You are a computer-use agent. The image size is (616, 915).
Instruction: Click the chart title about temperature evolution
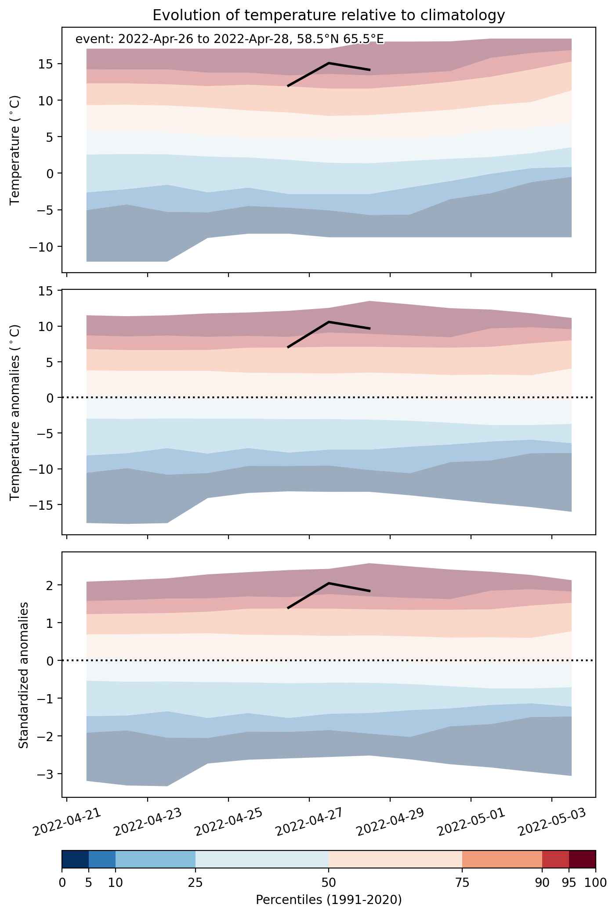tap(329, 15)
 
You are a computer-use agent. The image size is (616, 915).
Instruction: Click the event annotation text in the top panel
tap(230, 39)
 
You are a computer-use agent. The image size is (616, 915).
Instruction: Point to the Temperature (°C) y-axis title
tap(15, 150)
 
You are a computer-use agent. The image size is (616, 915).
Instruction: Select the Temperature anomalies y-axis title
tap(15, 412)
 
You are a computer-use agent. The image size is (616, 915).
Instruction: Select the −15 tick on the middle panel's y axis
tap(42, 505)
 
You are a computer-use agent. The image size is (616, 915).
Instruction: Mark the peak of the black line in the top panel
tap(329, 63)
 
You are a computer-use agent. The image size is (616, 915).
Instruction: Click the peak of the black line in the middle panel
tap(329, 322)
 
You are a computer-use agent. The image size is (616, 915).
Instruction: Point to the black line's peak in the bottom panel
tap(329, 583)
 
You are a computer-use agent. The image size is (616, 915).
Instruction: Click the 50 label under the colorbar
tap(329, 883)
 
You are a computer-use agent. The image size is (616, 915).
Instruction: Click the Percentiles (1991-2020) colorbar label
tap(329, 900)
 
